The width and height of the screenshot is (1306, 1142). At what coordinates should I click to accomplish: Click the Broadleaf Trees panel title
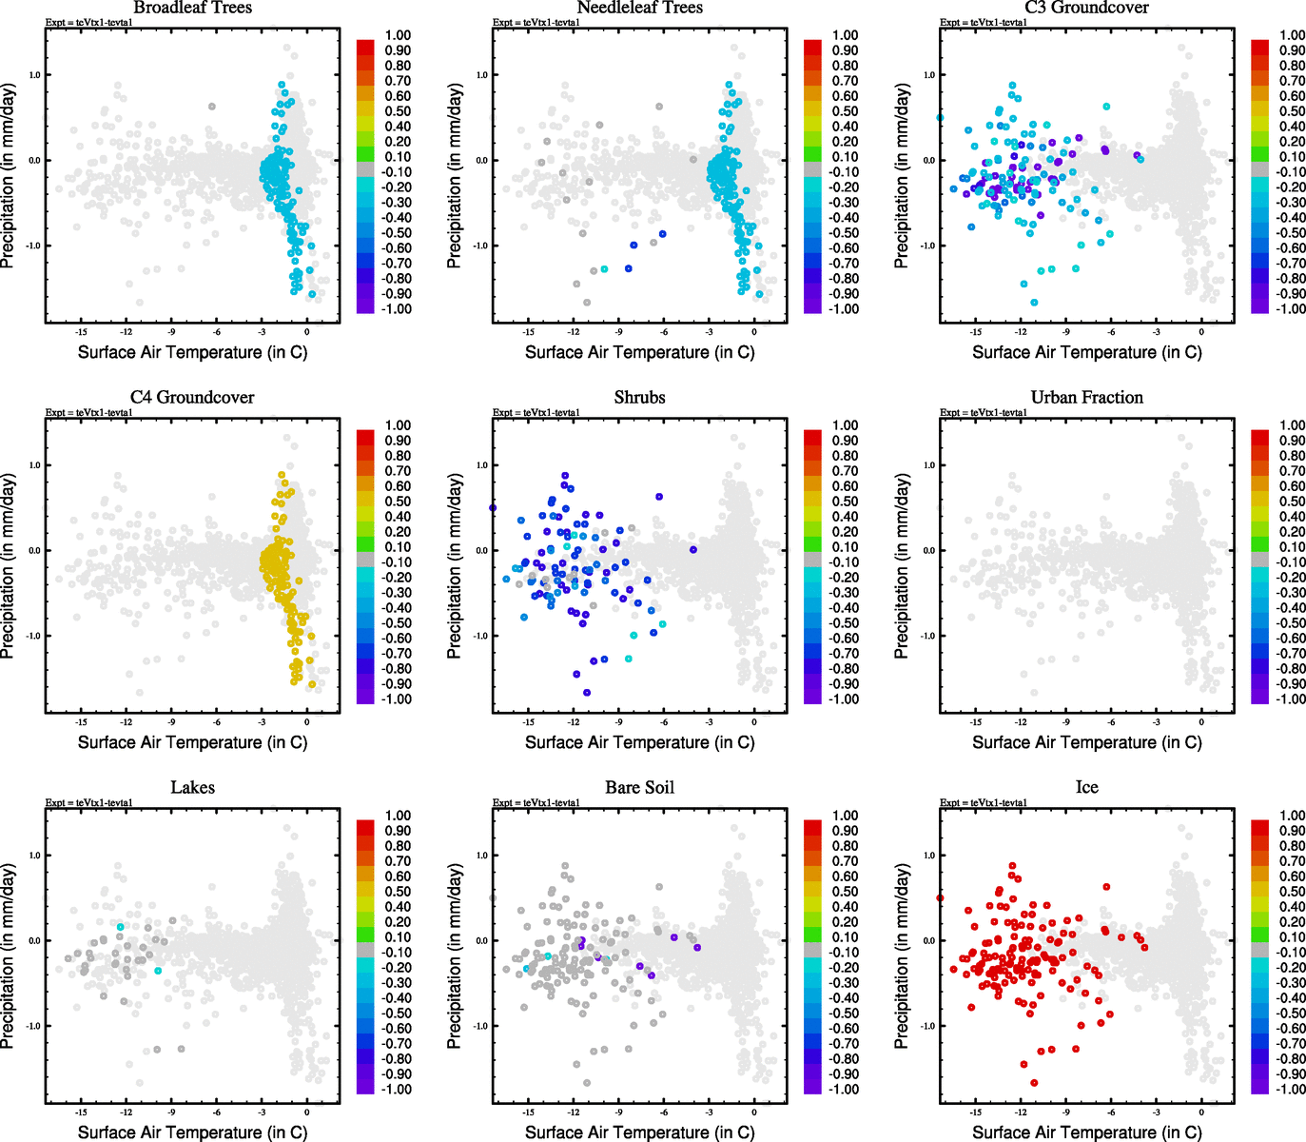[x=193, y=8]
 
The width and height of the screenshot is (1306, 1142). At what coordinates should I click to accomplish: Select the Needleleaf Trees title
[x=639, y=8]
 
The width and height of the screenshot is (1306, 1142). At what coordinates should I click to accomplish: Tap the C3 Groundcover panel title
[x=1086, y=8]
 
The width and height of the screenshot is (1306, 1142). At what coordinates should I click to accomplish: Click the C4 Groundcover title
[x=192, y=397]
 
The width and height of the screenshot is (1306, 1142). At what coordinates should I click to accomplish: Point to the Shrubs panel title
[x=639, y=397]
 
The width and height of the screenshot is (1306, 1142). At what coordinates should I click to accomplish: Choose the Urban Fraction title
[x=1086, y=397]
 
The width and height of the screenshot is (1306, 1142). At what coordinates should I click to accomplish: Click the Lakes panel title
[x=192, y=787]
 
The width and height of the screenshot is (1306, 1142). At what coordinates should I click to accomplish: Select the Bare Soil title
[x=639, y=787]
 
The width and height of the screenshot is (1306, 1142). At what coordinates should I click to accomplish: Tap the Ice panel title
[x=1086, y=787]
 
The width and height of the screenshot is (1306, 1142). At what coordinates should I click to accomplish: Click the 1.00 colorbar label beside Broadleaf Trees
[x=398, y=35]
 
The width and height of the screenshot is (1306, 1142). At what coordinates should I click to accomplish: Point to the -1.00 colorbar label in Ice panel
[x=1291, y=1089]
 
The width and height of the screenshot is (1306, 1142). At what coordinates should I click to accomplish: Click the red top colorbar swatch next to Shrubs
[x=812, y=437]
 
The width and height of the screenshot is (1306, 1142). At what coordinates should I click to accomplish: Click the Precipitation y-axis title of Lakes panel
[x=9, y=956]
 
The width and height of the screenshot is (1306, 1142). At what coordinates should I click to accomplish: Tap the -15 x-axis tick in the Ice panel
[x=975, y=1112]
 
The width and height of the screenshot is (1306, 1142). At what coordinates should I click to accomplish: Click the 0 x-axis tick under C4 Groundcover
[x=306, y=721]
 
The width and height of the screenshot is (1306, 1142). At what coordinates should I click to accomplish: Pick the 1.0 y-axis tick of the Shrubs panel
[x=481, y=465]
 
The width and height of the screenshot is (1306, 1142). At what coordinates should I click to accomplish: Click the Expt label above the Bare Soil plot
[x=536, y=802]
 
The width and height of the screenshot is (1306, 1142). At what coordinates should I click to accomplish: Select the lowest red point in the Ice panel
[x=1034, y=1083]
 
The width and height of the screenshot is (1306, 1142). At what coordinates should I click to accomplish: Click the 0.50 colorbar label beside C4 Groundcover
[x=398, y=502]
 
